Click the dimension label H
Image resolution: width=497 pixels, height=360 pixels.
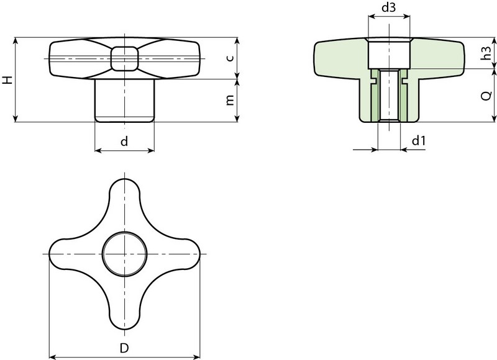[7, 80]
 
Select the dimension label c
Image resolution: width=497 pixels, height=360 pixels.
[229, 58]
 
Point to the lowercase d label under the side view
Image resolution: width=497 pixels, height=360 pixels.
[124, 142]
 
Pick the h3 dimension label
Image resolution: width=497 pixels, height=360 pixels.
[489, 53]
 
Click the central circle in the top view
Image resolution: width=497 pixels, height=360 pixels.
[124, 254]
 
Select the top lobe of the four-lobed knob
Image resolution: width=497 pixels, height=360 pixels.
[124, 196]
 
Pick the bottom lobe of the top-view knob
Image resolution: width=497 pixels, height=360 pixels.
[124, 313]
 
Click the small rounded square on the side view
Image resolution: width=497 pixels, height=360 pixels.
[124, 58]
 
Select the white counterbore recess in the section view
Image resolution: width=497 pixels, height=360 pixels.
[388, 54]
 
